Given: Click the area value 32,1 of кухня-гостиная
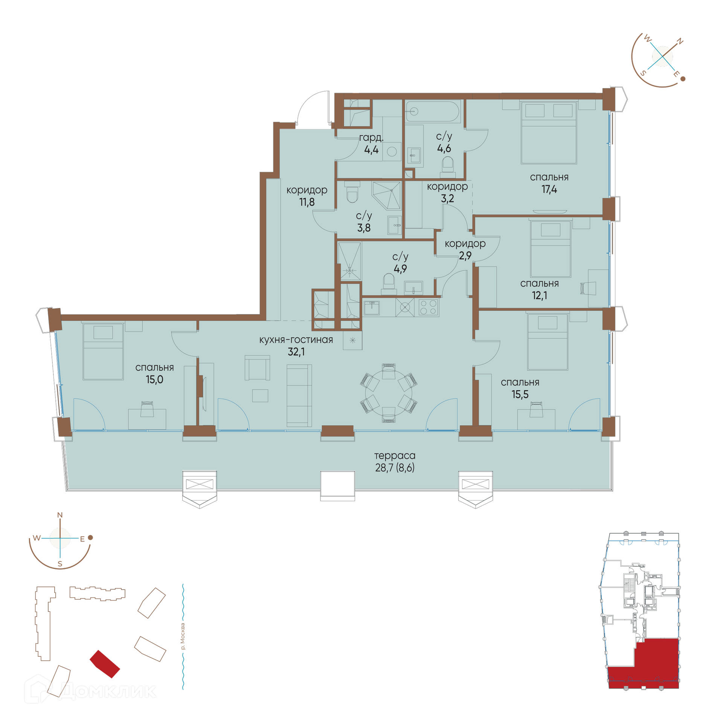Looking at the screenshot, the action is [x=296, y=352].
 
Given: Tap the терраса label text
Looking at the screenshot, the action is [x=395, y=456].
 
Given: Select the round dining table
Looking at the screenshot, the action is [x=389, y=393].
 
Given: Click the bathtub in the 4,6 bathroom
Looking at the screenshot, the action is [x=433, y=111].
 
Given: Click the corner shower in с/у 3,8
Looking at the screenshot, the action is [x=386, y=195].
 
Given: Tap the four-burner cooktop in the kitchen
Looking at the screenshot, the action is [x=428, y=307].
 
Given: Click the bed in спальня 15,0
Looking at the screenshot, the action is [x=103, y=351].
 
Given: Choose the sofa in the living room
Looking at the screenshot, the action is [x=299, y=395].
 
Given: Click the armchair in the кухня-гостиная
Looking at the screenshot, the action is [x=257, y=368].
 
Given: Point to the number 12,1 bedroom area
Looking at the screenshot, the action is [x=539, y=296].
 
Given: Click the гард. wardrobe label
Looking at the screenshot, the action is [x=371, y=138].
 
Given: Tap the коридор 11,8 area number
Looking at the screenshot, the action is [x=307, y=202].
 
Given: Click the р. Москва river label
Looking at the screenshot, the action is [x=183, y=636].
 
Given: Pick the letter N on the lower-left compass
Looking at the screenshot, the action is [x=60, y=515].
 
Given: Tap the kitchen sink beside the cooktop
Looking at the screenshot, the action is [x=372, y=308].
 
